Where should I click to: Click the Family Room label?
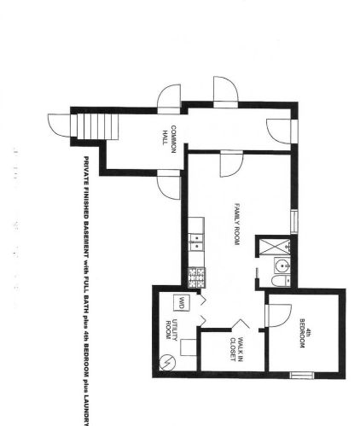coord(240,225)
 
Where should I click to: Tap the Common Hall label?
coord(171,139)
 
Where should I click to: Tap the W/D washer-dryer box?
coord(181,301)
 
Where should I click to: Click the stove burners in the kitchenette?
coord(197,275)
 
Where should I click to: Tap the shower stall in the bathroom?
coord(279,249)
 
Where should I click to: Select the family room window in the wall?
coord(294,220)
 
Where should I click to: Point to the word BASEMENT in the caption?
coord(86,224)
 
